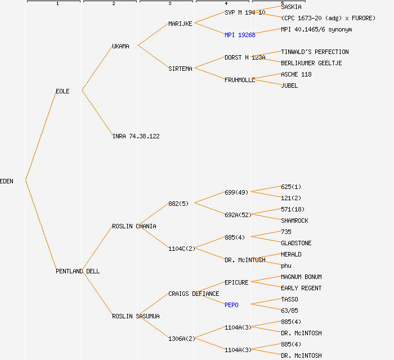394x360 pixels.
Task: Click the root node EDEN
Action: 7,181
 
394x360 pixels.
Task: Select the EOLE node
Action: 62,91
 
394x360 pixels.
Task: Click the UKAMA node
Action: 120,46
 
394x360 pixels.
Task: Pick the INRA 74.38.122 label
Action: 136,136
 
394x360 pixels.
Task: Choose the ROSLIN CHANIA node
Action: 134,226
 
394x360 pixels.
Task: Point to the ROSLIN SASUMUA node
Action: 136,316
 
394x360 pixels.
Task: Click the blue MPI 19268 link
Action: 240,35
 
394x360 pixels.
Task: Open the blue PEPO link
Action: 231,305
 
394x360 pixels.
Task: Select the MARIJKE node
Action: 180,24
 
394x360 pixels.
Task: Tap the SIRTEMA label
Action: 180,69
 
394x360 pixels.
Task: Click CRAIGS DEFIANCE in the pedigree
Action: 194,294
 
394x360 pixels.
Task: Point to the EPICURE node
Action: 236,282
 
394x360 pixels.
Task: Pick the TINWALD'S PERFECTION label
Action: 315,52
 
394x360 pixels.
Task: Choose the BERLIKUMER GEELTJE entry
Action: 311,63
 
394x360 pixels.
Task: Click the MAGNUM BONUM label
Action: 301,277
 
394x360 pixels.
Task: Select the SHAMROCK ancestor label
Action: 294,220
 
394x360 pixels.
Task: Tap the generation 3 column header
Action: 169,3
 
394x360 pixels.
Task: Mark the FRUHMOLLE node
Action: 240,80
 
